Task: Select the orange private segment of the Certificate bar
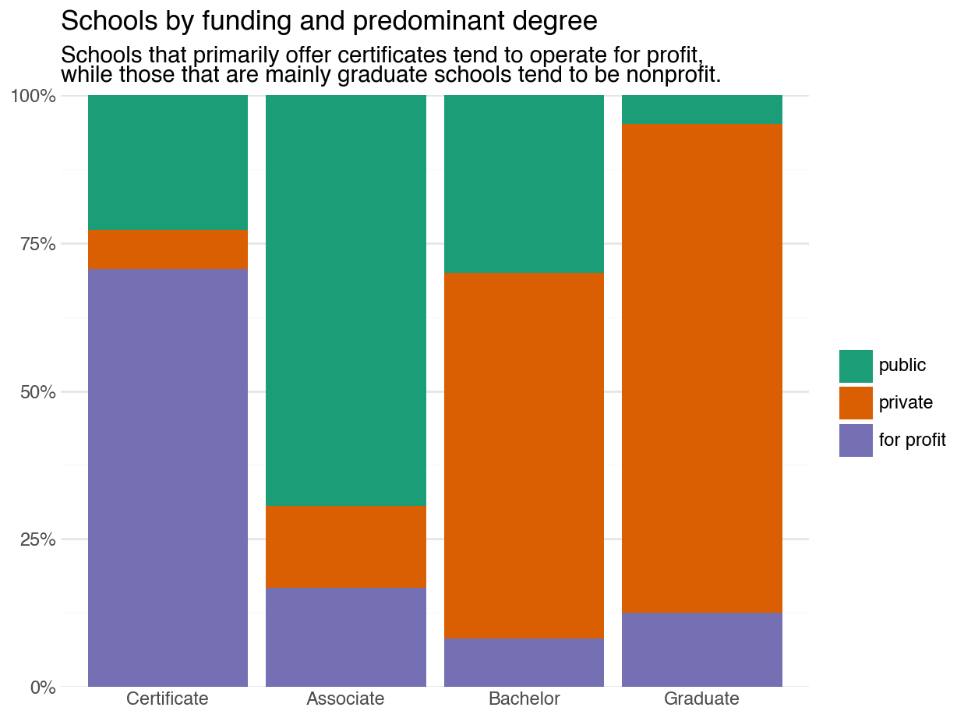point(168,249)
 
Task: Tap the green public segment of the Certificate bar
point(168,162)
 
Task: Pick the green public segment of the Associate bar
point(346,300)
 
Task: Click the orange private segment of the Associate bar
point(346,546)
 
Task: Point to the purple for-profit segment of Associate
point(346,636)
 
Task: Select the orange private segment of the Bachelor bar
point(524,455)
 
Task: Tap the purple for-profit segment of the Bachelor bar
point(524,663)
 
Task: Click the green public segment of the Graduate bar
point(701,109)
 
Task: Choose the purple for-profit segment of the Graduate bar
point(701,649)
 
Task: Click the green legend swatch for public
point(856,366)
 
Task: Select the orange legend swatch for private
point(856,403)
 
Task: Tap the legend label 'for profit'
point(912,440)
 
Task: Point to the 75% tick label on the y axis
point(37,244)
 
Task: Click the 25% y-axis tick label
point(37,539)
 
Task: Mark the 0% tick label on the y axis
point(43,688)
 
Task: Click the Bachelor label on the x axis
point(524,699)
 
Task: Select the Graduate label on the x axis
point(701,699)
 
